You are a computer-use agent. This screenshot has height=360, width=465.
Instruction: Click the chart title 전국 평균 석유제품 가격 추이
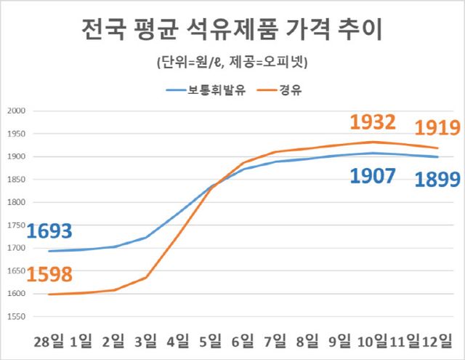coord(232,31)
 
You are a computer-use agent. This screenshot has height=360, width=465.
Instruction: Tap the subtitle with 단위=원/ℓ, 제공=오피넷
coord(232,63)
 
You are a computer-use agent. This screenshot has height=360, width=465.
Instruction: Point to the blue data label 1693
coord(49,232)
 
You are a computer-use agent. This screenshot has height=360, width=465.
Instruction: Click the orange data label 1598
coord(49,276)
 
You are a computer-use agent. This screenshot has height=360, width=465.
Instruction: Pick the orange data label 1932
coord(372,122)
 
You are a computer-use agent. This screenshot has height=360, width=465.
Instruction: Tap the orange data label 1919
coord(437,129)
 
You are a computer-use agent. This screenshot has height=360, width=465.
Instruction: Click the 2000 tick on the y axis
coord(15,111)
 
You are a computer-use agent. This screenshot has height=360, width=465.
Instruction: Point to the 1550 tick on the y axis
coord(15,316)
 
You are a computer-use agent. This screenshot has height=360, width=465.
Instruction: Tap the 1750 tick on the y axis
coord(15,225)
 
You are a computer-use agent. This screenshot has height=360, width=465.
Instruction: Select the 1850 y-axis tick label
coord(15,180)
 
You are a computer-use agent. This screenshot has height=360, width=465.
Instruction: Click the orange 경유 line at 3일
coord(145,277)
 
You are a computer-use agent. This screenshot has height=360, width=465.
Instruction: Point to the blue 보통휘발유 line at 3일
coord(145,238)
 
